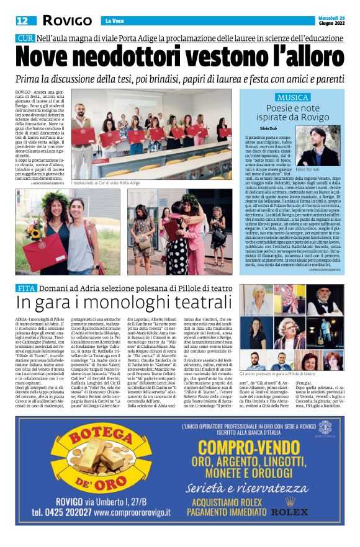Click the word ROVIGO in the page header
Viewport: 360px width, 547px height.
point(68,21)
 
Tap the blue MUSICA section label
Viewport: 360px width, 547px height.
point(293,98)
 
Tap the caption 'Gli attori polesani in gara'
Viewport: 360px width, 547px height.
point(277,374)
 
